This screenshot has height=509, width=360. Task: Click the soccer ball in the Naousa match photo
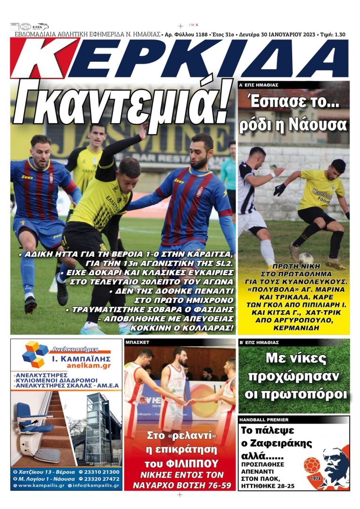tap(306, 258)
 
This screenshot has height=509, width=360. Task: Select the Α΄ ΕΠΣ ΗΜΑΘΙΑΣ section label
tap(259, 85)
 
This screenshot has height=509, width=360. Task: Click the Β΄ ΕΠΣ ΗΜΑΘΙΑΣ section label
tap(259, 343)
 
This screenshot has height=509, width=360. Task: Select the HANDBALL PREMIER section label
tap(264, 419)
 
